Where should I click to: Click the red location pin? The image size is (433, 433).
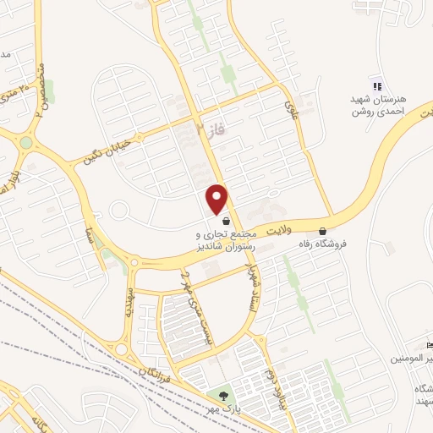click(217, 199)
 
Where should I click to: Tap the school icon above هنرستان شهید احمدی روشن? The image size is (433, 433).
click(376, 85)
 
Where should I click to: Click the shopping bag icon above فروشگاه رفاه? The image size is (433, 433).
click(321, 231)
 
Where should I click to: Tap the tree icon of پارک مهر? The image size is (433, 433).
click(223, 394)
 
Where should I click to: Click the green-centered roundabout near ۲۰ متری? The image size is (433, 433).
click(26, 141)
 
